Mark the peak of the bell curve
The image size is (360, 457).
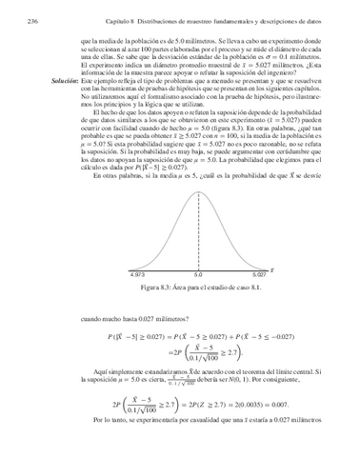tap(197, 195)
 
